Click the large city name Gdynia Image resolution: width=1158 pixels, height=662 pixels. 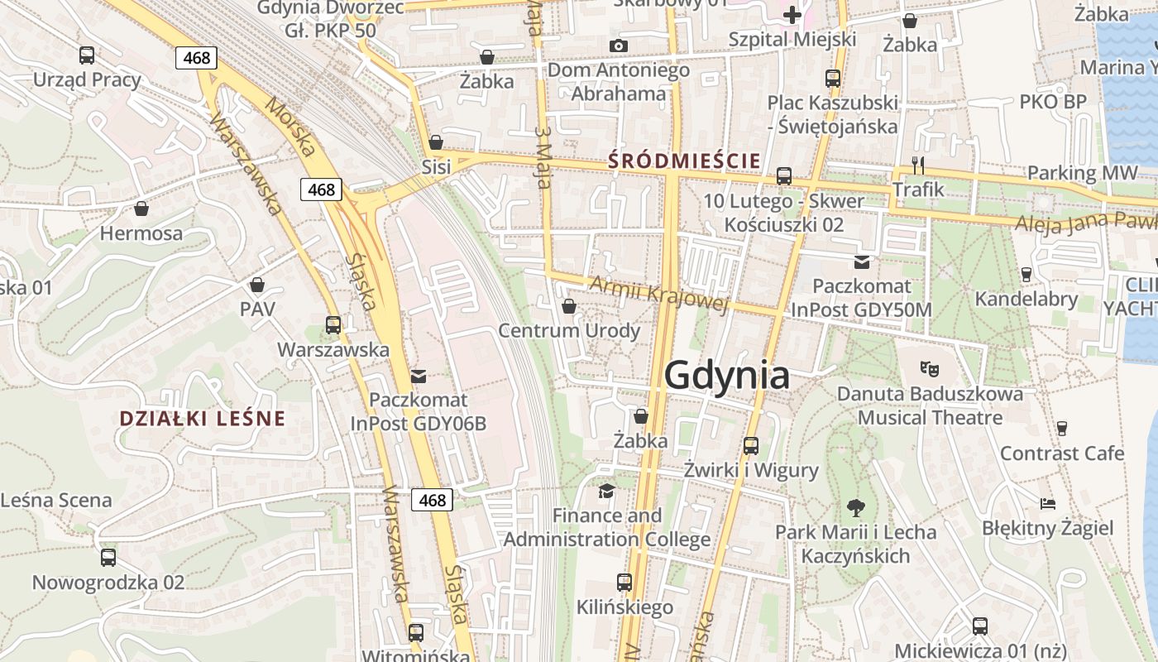726,375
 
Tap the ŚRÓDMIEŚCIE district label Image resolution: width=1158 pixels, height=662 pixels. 684,161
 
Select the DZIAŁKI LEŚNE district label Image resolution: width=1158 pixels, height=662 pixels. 202,418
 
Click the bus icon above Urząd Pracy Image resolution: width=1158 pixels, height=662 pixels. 87,55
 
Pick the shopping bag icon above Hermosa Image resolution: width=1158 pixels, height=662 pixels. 141,209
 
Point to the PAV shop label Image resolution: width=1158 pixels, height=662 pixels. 257,309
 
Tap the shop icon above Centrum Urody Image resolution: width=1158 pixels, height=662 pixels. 569,307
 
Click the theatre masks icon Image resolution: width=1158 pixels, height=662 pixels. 930,367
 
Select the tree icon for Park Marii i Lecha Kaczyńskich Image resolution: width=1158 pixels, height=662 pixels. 855,507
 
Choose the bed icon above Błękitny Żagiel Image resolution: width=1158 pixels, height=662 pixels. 1047,503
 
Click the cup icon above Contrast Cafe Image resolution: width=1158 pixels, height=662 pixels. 1062,429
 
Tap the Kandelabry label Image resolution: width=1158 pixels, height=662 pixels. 1026,299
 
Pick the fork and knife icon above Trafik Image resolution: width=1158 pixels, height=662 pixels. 917,165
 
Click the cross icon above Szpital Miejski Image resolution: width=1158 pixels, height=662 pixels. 792,14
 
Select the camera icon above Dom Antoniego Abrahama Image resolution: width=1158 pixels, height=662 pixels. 618,46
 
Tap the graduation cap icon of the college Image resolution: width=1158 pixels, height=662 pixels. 606,492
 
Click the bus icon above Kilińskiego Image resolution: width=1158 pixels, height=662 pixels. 624,583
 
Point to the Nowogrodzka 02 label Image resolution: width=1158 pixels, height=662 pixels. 108,582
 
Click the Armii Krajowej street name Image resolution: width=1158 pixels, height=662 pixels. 658,295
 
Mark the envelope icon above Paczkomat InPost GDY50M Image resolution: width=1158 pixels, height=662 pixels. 862,262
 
